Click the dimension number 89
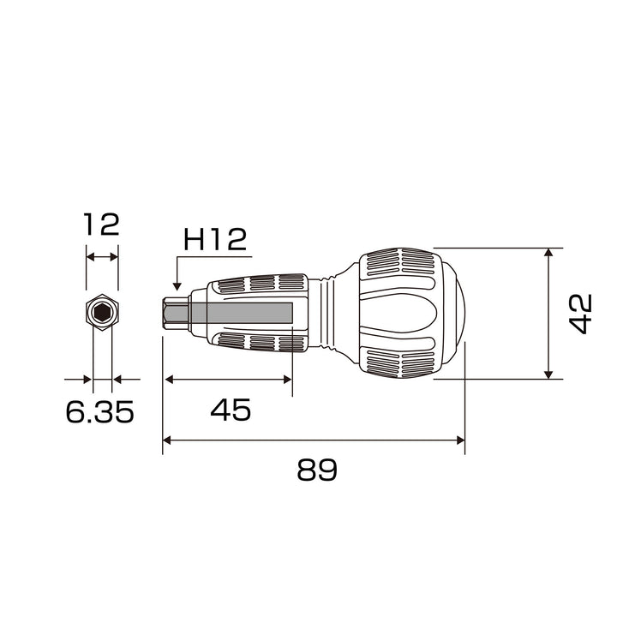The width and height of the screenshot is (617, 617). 317,469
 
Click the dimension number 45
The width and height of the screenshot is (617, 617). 231,410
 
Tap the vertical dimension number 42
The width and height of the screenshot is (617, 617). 580,314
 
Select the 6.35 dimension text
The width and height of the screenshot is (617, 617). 100,411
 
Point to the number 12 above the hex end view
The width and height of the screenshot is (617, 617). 101,225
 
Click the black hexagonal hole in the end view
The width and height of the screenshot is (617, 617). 102,313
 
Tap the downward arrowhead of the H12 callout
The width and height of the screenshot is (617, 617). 177,286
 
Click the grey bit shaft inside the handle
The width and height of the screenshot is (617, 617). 241,314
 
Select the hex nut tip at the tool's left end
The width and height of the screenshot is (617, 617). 176,314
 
